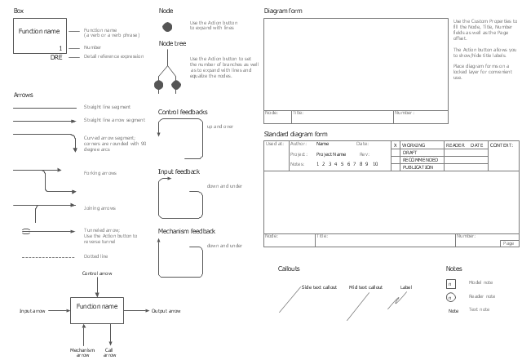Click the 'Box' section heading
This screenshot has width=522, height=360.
tap(18, 11)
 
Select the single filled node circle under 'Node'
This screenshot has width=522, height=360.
tap(167, 27)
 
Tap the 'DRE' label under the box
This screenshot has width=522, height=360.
tap(56, 57)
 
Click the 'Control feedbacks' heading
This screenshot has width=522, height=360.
tap(182, 112)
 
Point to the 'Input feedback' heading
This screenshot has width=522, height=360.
tap(179, 172)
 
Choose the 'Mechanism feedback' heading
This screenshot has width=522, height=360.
tap(186, 232)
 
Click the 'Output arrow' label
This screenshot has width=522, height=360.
tap(166, 311)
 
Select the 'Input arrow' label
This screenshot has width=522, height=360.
tap(32, 311)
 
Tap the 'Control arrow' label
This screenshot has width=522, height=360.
tap(97, 273)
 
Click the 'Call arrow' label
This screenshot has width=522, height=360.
tap(109, 352)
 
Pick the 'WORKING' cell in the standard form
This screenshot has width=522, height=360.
tap(414, 144)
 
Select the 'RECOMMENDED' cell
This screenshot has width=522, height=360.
tap(420, 159)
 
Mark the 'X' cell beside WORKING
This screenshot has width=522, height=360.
tap(396, 144)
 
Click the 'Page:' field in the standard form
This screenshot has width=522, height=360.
tap(509, 243)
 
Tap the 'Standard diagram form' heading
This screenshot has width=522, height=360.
tap(295, 133)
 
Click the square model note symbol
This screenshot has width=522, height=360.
tap(450, 283)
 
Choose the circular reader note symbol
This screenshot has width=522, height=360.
tap(450, 297)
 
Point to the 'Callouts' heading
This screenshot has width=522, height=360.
tap(289, 269)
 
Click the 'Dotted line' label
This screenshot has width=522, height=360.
tap(95, 256)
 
